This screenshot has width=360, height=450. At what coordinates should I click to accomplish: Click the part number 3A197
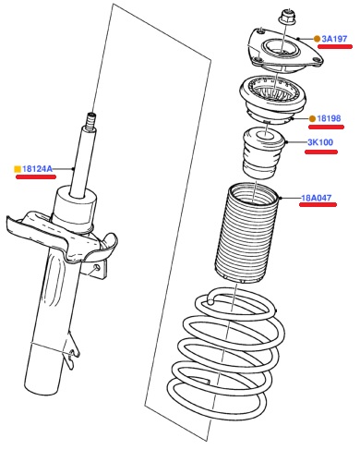tap(334, 39)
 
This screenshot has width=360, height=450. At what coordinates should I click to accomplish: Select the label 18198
tap(329, 118)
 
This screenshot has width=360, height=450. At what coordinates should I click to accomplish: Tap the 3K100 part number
tap(320, 142)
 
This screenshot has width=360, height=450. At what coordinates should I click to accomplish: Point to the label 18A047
tap(316, 198)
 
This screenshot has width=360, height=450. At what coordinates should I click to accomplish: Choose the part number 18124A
tap(37, 169)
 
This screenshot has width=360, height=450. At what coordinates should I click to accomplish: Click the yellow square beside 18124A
tap(18, 169)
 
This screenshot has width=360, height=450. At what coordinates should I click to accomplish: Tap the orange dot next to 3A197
tap(317, 39)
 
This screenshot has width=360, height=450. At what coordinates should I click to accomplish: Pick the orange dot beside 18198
tap(312, 118)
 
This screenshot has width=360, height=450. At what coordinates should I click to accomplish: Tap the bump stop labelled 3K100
tap(263, 152)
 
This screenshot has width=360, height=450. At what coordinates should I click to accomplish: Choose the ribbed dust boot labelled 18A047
tap(246, 233)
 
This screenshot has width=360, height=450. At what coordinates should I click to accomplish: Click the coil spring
tap(227, 353)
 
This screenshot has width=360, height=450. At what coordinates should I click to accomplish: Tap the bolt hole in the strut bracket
tap(97, 267)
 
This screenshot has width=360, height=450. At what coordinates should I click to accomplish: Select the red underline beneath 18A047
tap(318, 204)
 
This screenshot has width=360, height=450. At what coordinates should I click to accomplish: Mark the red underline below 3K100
tap(321, 152)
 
